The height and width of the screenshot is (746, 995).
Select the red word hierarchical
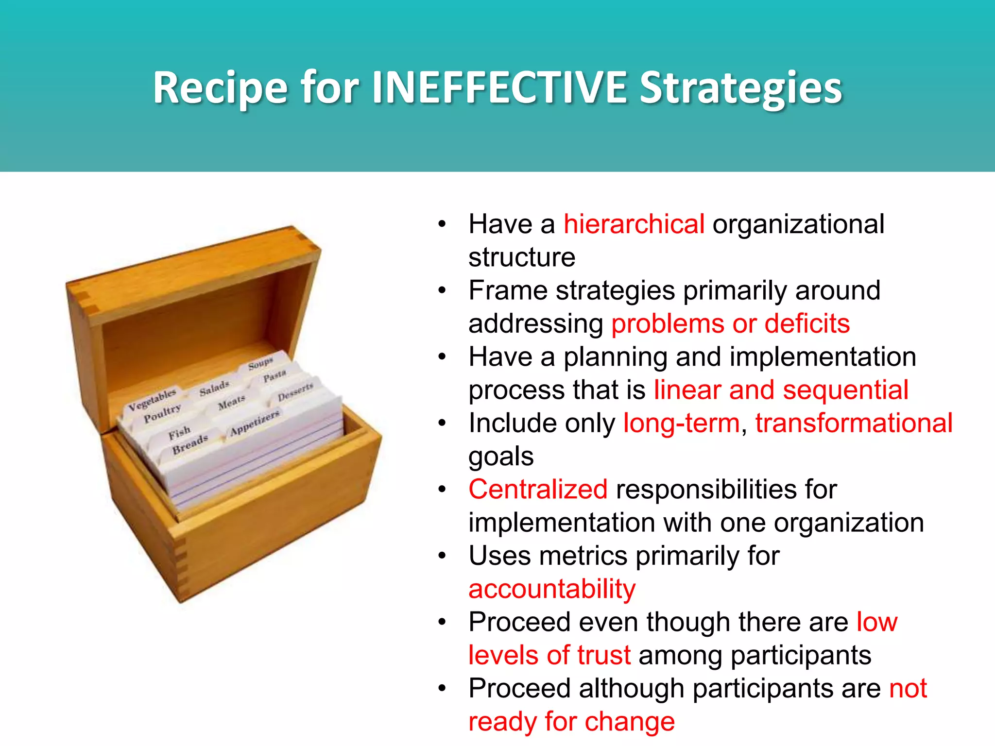pos(634,224)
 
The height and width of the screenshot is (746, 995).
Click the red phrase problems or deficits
pos(730,324)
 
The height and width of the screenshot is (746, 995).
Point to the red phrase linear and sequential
pos(781,390)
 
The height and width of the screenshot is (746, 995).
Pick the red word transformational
pos(854,423)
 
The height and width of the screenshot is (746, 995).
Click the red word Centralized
pos(538,490)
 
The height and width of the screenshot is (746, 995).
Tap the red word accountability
pos(552,589)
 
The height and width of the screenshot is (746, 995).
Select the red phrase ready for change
pos(571,722)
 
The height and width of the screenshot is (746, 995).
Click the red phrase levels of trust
pos(549,655)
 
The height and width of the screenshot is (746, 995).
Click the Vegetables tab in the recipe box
pos(152,400)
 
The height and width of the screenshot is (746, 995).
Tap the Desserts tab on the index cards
pos(295,392)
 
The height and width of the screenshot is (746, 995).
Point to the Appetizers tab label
pos(255,423)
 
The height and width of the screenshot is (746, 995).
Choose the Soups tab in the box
pos(260,363)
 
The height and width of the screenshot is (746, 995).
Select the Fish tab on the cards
pos(179,432)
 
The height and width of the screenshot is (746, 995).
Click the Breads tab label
pos(190,444)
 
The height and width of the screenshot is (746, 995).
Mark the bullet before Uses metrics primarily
pos(442,556)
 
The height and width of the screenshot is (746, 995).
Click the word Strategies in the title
pos(740,88)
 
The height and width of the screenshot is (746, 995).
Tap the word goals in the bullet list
pos(501,457)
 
